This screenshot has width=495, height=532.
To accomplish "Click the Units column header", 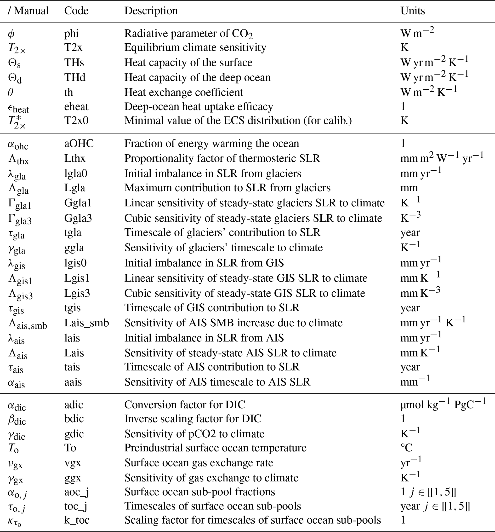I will [412, 11].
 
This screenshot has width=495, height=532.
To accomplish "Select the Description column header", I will [151, 11].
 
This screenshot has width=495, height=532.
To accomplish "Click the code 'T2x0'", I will [76, 121].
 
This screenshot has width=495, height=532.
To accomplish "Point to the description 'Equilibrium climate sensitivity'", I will [195, 47].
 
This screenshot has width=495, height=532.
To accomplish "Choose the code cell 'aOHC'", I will [79, 144].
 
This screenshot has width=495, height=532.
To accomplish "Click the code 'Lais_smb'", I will [87, 323].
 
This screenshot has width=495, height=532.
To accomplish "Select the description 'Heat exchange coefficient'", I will [184, 92].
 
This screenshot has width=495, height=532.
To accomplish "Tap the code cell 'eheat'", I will [76, 106].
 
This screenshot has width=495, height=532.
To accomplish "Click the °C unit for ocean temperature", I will [406, 448].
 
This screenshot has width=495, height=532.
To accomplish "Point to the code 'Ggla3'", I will [78, 218].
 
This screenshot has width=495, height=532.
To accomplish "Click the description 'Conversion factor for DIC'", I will [185, 405].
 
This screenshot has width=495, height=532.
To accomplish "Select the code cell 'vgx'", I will [73, 463].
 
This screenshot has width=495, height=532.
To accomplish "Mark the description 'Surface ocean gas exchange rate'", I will [199, 463].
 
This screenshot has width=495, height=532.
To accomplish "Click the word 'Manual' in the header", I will [31, 11].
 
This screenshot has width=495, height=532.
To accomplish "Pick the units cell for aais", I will [415, 381].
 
